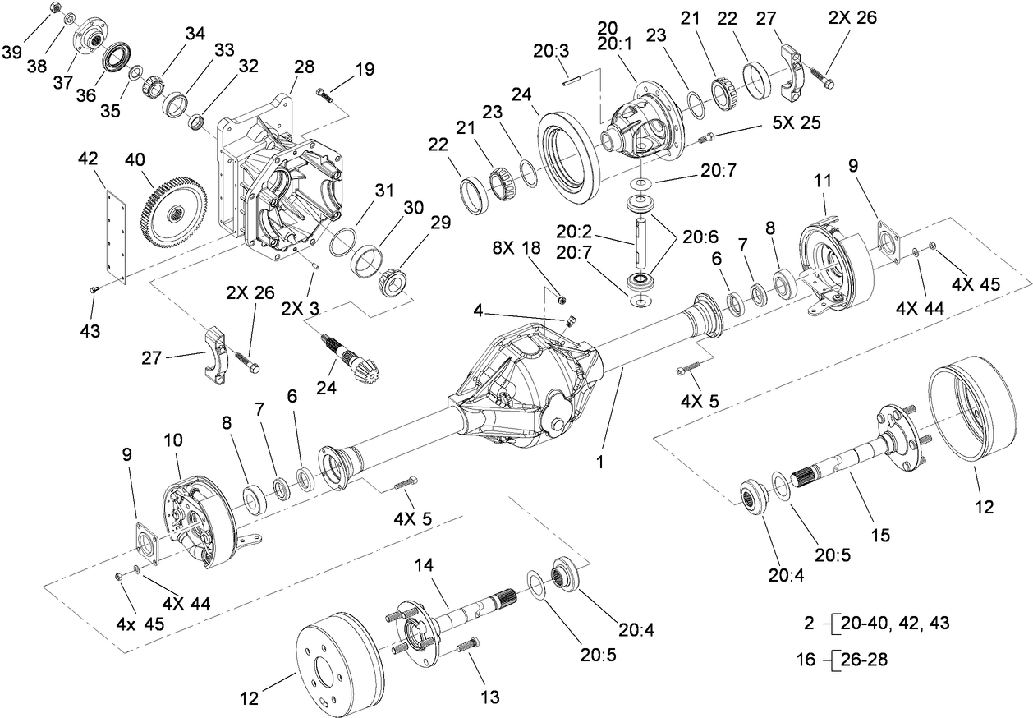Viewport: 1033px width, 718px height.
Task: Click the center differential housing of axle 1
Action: coord(526,386)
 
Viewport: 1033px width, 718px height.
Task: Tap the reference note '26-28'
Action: coord(861,658)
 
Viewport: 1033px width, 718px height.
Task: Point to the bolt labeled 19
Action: coord(326,96)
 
